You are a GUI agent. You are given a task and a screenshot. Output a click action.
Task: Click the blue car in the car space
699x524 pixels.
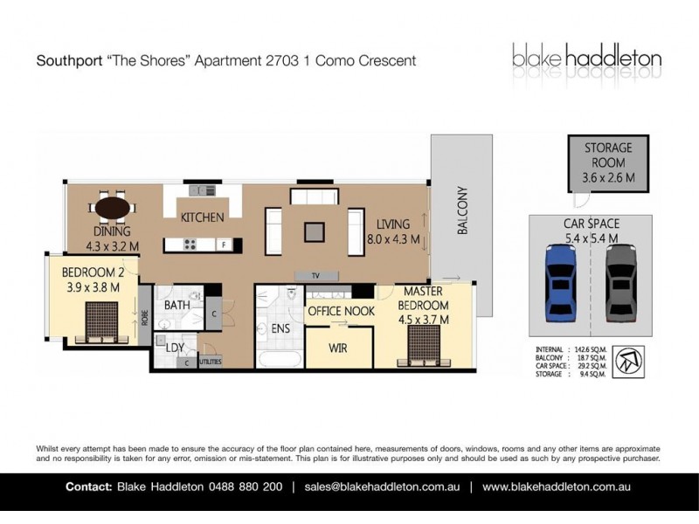click(x=561, y=283)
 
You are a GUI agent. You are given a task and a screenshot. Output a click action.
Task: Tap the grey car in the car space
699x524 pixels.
click(x=620, y=283)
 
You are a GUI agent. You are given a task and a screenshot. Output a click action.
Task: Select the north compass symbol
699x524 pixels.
click(x=628, y=362)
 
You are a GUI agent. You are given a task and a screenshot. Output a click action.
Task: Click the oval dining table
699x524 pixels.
click(x=113, y=208)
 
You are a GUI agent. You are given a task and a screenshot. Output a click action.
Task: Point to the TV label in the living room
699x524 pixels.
click(x=315, y=276)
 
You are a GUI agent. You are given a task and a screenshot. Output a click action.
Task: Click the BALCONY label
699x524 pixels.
click(x=463, y=210)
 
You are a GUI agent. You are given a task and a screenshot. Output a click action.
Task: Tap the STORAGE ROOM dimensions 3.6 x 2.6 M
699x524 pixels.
click(x=608, y=178)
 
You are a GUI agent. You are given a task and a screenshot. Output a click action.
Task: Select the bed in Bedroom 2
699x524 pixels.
click(x=101, y=322)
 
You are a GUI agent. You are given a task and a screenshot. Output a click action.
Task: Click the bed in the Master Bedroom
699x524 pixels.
click(x=424, y=346)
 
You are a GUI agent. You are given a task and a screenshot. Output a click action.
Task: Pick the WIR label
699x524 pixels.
click(x=338, y=348)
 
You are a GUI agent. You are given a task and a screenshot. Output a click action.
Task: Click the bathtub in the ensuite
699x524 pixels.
click(x=280, y=360)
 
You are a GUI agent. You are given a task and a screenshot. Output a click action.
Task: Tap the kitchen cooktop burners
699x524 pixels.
click(x=190, y=245)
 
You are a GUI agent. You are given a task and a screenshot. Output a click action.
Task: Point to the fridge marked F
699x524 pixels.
click(x=225, y=245)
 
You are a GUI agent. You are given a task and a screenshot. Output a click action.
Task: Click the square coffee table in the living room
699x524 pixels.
click(x=315, y=232)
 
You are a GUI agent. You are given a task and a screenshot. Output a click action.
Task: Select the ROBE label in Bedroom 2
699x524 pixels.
click(x=144, y=318)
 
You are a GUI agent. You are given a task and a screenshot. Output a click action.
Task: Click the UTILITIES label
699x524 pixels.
click(x=211, y=362)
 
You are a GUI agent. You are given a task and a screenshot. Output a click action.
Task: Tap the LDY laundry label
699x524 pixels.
click(x=175, y=348)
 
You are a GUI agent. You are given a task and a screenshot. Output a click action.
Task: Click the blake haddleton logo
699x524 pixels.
click(x=586, y=57)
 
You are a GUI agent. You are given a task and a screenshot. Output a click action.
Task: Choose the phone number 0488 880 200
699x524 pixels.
click(x=246, y=486)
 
